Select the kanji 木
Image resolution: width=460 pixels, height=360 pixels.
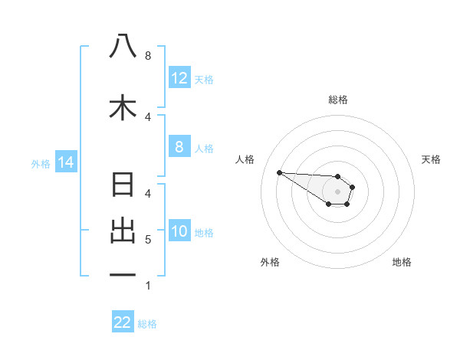123,106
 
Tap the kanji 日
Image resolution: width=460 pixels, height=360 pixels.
123,186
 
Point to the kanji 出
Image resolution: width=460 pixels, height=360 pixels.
123,232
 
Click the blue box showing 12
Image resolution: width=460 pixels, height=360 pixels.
179,78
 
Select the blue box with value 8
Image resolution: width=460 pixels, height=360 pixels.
179,147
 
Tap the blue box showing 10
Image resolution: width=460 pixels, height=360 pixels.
179,231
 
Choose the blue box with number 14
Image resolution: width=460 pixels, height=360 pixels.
65,162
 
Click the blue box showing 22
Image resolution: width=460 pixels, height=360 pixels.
123,322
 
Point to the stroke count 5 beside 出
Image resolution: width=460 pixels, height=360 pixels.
148,240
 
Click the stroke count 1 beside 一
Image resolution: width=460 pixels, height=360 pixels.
148,286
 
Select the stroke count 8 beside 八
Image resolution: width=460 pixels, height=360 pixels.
148,56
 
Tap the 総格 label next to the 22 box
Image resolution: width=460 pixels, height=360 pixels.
147,324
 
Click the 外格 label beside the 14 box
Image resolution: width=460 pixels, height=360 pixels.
40,163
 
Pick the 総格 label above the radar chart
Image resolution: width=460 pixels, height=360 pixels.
337,100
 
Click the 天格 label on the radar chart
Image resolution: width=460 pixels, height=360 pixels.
432,159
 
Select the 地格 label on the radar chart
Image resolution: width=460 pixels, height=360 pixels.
402,262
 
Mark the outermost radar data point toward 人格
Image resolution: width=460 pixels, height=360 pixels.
279,172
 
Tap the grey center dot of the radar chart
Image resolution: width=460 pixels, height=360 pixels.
337,191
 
